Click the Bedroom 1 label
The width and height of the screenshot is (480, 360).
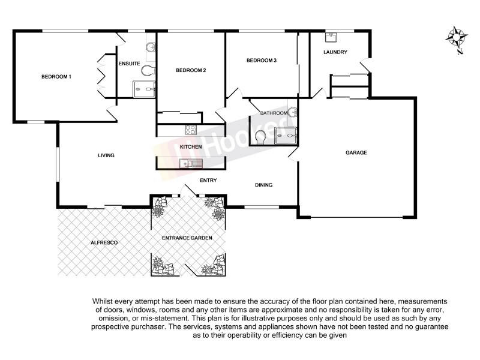coord(56,76)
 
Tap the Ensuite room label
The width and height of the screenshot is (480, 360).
coord(129,64)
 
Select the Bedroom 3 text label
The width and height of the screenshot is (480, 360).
coord(262,61)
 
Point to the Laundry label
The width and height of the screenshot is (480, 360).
coord(335,52)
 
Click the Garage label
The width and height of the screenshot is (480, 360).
coord(356,152)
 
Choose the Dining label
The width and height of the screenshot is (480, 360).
coord(263,185)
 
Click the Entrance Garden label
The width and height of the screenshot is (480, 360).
coord(187,238)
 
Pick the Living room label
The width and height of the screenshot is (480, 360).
coord(106,155)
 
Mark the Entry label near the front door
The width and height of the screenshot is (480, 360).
coord(208,180)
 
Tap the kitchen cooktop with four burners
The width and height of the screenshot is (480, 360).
coord(191,129)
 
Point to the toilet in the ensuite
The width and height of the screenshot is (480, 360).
coord(148,71)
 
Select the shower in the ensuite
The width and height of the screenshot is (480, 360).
coord(145,89)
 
